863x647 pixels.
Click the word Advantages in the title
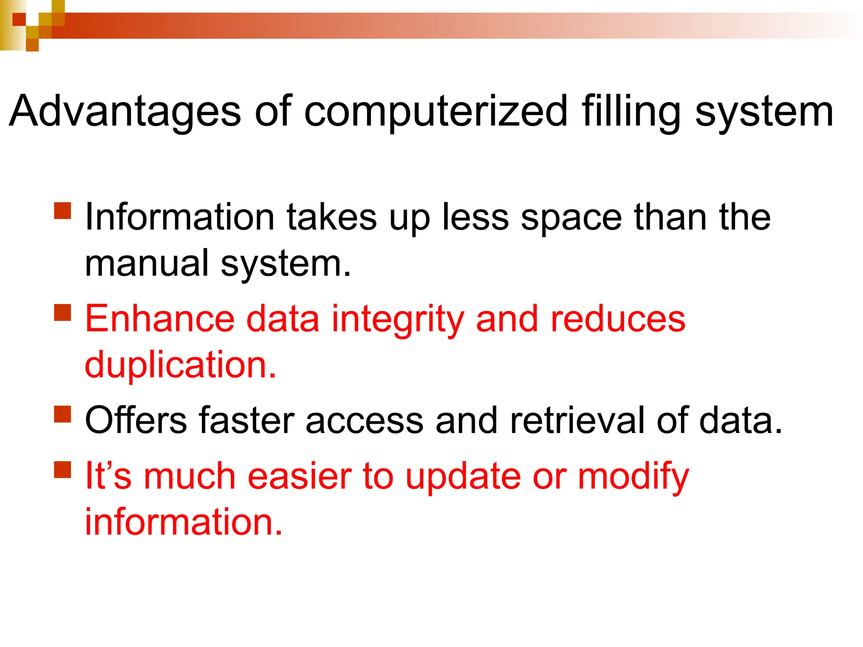click(125, 111)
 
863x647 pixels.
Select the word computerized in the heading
click(436, 111)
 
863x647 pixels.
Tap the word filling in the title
click(631, 111)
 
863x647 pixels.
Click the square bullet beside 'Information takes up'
click(63, 211)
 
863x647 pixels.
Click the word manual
click(147, 263)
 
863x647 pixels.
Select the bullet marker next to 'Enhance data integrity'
click(63, 313)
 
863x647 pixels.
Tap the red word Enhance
click(160, 319)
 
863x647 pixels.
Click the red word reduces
click(618, 319)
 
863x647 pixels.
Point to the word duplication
click(180, 364)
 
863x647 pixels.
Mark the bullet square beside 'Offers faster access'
click(63, 414)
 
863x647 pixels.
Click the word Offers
click(136, 420)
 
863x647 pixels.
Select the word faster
click(247, 420)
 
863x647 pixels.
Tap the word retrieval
click(577, 420)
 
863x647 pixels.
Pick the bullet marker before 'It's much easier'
click(63, 469)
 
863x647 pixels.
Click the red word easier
click(300, 476)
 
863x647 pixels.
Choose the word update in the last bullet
click(463, 477)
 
